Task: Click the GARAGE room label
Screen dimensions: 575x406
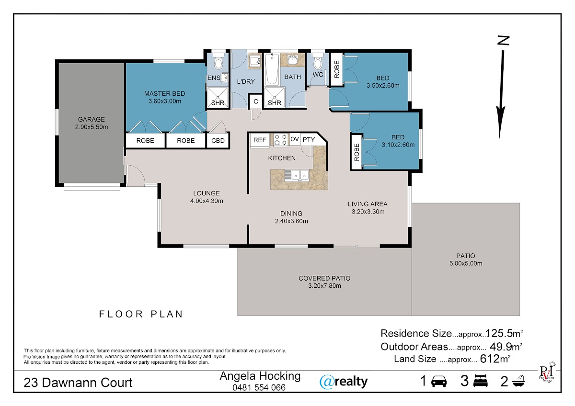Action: (x=92, y=119)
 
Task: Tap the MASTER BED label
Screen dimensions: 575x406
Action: (x=164, y=94)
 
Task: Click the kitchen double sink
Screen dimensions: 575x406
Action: (x=297, y=175)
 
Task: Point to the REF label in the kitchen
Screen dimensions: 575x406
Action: (x=260, y=140)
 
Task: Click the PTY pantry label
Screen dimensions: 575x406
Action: (x=309, y=139)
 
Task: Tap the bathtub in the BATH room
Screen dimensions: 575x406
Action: (x=272, y=69)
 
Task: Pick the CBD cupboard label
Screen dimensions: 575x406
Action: (x=218, y=141)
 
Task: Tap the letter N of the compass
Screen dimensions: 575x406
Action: (x=503, y=41)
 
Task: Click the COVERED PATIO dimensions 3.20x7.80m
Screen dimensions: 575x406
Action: (x=324, y=286)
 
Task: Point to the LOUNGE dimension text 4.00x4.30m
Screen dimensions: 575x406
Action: (x=207, y=201)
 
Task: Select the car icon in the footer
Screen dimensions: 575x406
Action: (x=439, y=382)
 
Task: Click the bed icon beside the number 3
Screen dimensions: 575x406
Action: (x=480, y=381)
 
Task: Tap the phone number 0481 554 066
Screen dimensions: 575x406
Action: (x=259, y=387)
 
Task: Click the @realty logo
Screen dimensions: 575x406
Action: (x=344, y=382)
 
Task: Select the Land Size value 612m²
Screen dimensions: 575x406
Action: (x=495, y=359)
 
